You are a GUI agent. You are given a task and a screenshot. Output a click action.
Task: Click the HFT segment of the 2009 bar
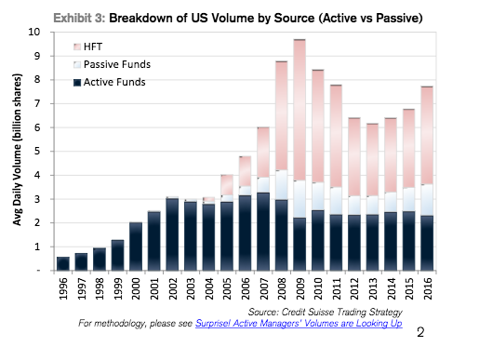(299, 110)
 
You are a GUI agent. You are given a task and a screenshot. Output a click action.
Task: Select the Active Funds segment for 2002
(172, 234)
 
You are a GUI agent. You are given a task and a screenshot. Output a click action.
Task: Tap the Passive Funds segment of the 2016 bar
(427, 200)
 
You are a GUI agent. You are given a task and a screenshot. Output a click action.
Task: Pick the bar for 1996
(63, 263)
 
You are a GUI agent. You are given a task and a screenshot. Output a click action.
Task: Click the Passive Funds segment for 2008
(281, 185)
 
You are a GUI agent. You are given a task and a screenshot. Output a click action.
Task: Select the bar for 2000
(136, 247)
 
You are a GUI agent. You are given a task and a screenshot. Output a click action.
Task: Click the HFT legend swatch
(77, 47)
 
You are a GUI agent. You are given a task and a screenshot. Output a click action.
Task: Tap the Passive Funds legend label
(117, 64)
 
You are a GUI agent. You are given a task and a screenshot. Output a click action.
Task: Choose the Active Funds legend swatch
(77, 83)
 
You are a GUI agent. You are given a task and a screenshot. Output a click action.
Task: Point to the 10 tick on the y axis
(34, 32)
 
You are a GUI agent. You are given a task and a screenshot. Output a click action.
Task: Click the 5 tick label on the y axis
(37, 152)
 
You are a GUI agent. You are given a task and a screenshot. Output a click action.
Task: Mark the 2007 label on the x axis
(264, 288)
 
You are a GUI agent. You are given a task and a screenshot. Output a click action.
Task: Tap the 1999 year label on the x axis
(118, 288)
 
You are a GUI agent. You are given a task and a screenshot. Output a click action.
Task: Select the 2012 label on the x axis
(355, 288)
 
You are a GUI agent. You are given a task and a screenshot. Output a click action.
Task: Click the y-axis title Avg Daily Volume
(17, 150)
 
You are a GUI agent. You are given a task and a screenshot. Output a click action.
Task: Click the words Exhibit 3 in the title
(79, 18)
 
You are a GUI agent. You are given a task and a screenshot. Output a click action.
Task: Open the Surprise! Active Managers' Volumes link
(299, 324)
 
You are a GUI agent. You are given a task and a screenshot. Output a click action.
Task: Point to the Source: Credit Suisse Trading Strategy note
(326, 312)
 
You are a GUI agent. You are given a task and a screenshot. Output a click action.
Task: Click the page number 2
(420, 332)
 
